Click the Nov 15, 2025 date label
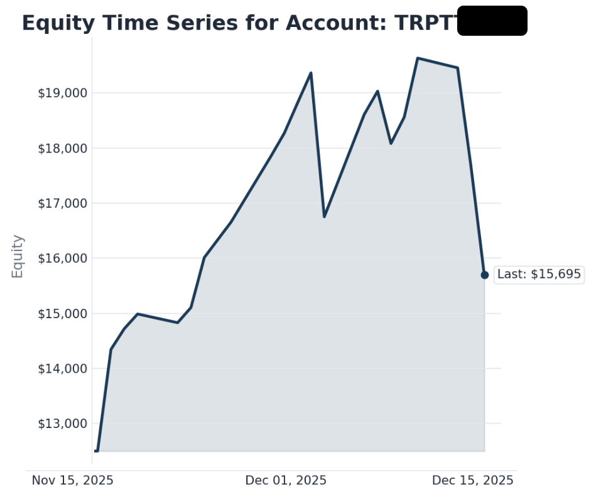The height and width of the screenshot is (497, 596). (x=73, y=481)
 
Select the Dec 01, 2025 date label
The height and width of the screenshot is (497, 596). (x=286, y=481)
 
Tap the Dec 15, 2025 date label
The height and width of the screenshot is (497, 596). (x=473, y=481)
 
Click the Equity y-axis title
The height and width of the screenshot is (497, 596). (x=18, y=256)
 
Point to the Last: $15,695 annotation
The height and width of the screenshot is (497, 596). (x=539, y=274)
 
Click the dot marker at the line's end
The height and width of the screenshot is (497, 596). (x=485, y=275)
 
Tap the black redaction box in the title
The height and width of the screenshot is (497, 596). (x=492, y=21)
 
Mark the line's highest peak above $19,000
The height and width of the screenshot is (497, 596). (x=418, y=58)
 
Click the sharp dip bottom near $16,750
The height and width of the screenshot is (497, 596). (x=324, y=216)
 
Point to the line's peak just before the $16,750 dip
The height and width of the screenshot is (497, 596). (x=311, y=73)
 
